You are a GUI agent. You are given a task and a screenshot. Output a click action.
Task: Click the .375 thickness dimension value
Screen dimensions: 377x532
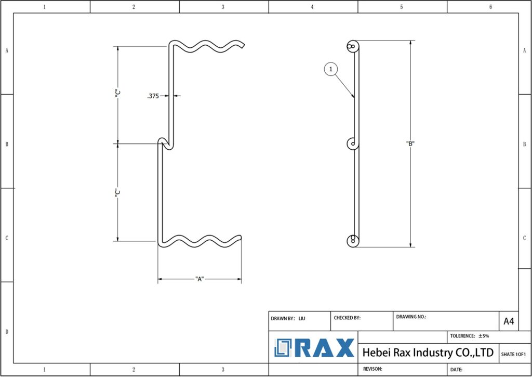[153, 96]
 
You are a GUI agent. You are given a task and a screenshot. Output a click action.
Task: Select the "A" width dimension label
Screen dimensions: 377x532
[199, 279]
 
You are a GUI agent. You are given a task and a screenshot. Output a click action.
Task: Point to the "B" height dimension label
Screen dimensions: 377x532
[410, 144]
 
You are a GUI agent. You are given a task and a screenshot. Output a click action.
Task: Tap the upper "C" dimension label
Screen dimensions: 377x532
[118, 94]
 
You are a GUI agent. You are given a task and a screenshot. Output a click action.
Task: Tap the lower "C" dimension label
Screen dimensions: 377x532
[118, 192]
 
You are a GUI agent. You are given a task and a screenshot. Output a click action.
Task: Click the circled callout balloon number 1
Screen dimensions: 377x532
[331, 69]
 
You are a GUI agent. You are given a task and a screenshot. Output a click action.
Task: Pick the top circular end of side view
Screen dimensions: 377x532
[353, 46]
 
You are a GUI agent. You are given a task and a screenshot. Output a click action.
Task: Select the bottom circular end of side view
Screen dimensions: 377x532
[353, 240]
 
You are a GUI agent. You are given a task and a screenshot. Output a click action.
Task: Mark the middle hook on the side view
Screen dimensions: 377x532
[352, 144]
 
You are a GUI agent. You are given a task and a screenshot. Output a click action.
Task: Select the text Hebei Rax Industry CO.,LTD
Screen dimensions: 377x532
[428, 353]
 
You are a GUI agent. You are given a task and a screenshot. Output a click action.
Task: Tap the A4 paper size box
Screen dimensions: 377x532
[509, 321]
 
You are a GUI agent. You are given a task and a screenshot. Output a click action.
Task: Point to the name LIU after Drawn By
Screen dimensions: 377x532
[302, 318]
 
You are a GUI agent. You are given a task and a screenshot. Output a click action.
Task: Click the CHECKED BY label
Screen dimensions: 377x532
[347, 318]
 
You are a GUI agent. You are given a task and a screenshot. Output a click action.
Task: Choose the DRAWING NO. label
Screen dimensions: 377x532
[411, 317]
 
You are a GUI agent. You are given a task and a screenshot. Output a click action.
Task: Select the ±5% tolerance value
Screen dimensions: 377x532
[484, 336]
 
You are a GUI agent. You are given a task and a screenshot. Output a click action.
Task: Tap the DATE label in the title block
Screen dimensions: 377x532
[456, 370]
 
